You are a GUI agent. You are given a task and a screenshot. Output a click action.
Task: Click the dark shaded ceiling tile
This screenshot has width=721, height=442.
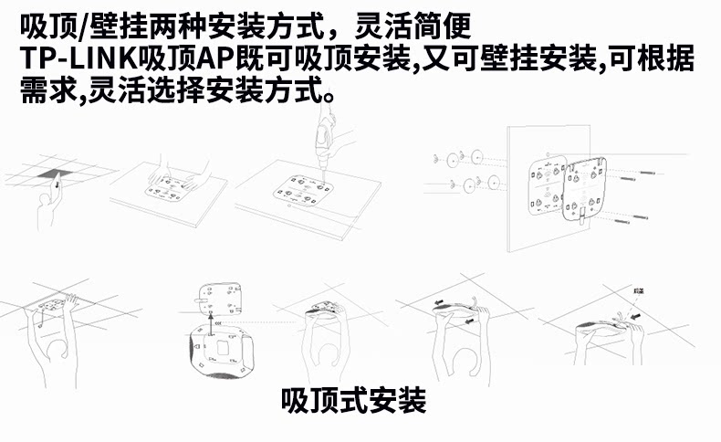coord(51,175)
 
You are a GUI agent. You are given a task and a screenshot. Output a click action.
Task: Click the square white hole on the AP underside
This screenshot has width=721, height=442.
coord(221,348)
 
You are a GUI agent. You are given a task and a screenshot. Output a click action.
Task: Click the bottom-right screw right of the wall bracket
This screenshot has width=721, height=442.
coord(639,217)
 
